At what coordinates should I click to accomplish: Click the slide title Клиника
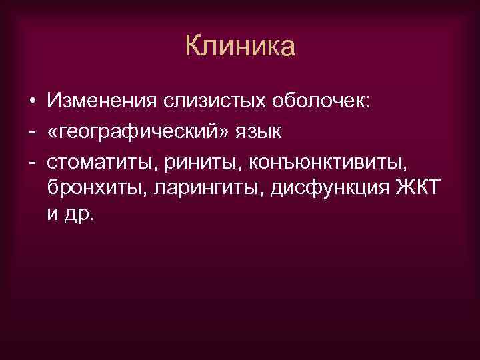point(239,47)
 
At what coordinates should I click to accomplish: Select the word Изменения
point(99,102)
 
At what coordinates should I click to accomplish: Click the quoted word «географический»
point(141,131)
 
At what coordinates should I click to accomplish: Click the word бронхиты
point(97,189)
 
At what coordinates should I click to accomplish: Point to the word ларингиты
point(202,189)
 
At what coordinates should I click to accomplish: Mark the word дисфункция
point(324,189)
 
